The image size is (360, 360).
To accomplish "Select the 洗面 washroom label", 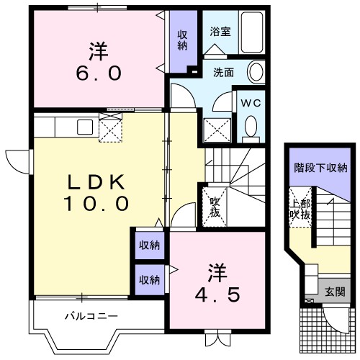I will (222, 72).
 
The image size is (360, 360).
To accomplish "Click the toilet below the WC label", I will (251, 127).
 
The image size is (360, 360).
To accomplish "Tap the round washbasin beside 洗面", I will (257, 71).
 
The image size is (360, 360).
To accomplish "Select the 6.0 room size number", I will (99, 73).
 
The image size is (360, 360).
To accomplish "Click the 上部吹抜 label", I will (300, 208).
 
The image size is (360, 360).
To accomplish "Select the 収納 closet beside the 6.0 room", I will (183, 40).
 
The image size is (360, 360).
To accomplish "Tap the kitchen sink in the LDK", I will (81, 127).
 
